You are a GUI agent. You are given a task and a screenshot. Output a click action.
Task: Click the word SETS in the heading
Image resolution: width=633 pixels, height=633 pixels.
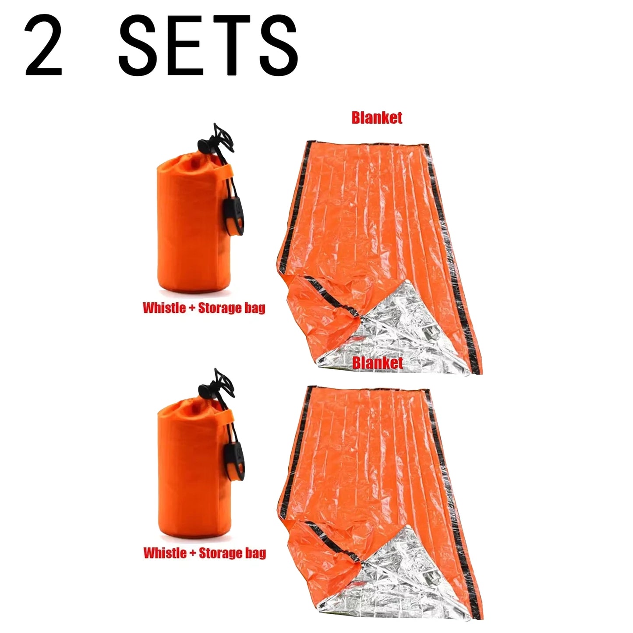pos(208,45)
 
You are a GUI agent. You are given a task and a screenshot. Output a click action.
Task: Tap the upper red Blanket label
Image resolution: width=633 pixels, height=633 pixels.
pos(377,117)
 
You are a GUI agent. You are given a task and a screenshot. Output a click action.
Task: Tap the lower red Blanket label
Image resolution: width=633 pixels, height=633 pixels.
pos(377,363)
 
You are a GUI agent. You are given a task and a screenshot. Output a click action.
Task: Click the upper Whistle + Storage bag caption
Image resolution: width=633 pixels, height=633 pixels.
pos(204,308)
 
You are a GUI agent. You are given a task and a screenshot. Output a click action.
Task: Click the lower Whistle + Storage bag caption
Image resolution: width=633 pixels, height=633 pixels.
pos(204,553)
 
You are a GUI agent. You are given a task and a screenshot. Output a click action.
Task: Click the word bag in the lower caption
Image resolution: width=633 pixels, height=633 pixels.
pos(255,553)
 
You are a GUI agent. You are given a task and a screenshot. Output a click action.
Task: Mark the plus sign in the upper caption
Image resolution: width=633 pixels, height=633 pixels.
pos(192,308)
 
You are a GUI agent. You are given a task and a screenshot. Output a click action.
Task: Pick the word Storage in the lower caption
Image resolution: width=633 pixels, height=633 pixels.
pos(220,553)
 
